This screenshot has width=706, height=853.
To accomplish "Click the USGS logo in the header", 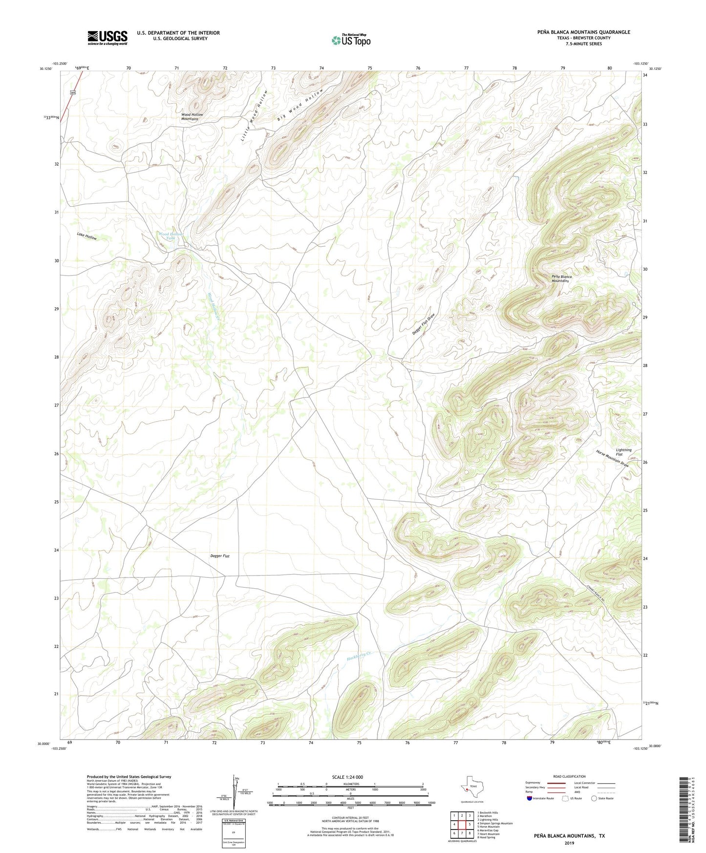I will coord(107,38).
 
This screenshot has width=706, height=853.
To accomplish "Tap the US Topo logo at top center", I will coord(351,40).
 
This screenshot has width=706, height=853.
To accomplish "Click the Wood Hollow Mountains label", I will coord(192,117).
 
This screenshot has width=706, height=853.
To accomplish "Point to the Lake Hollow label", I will coord(86,236).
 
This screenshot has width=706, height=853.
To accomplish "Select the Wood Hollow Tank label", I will coord(170,236).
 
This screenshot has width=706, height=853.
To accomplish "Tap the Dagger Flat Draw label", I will coord(423,325).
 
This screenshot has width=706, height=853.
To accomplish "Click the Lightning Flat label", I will coord(623,452).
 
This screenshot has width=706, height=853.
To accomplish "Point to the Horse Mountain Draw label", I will coord(612,458).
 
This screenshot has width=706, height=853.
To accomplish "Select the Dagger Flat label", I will coord(219,556).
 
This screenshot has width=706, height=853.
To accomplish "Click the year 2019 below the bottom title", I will coord(569,843).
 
